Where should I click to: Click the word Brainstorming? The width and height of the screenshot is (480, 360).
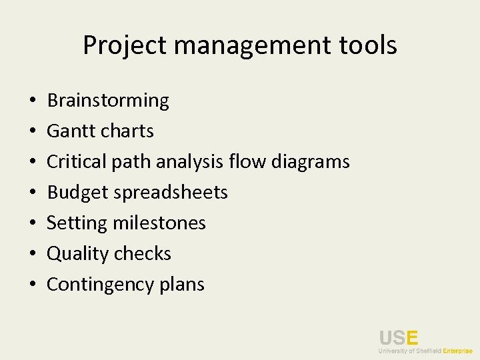click(108, 101)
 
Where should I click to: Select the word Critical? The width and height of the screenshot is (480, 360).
click(77, 162)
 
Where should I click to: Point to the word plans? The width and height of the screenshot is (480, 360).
click(182, 285)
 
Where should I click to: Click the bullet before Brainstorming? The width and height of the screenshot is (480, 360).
click(32, 101)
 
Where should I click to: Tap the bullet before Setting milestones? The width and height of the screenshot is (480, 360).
click(32, 224)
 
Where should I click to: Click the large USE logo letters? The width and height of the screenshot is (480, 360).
click(398, 338)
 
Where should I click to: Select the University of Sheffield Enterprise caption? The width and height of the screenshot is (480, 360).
click(425, 351)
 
